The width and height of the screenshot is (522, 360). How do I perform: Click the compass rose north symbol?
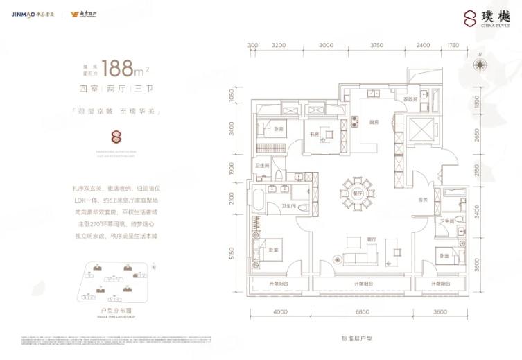pos(479,66)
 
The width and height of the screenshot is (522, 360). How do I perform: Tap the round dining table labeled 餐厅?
pos(357,193)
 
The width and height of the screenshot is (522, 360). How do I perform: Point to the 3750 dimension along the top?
pos(376,46)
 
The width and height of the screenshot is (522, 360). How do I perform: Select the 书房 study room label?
pos(314,135)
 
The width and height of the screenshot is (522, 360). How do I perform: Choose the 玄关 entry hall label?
pos(422,200)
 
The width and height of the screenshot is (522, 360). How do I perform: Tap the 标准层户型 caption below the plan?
pos(359,338)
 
